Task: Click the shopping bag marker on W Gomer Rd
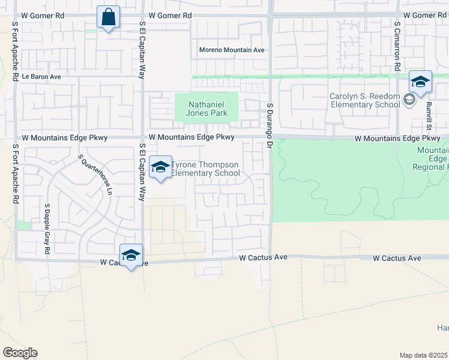108,19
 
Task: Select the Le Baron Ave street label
41,77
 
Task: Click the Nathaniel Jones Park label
206,109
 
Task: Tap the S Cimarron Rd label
397,47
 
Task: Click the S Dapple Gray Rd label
46,229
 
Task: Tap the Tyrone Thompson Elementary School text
206,169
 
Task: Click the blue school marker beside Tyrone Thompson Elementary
160,168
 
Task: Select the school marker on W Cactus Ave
131,256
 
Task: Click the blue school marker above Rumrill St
420,83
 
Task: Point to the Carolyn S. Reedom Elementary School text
364,100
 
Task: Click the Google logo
20,353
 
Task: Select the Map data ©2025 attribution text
424,355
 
